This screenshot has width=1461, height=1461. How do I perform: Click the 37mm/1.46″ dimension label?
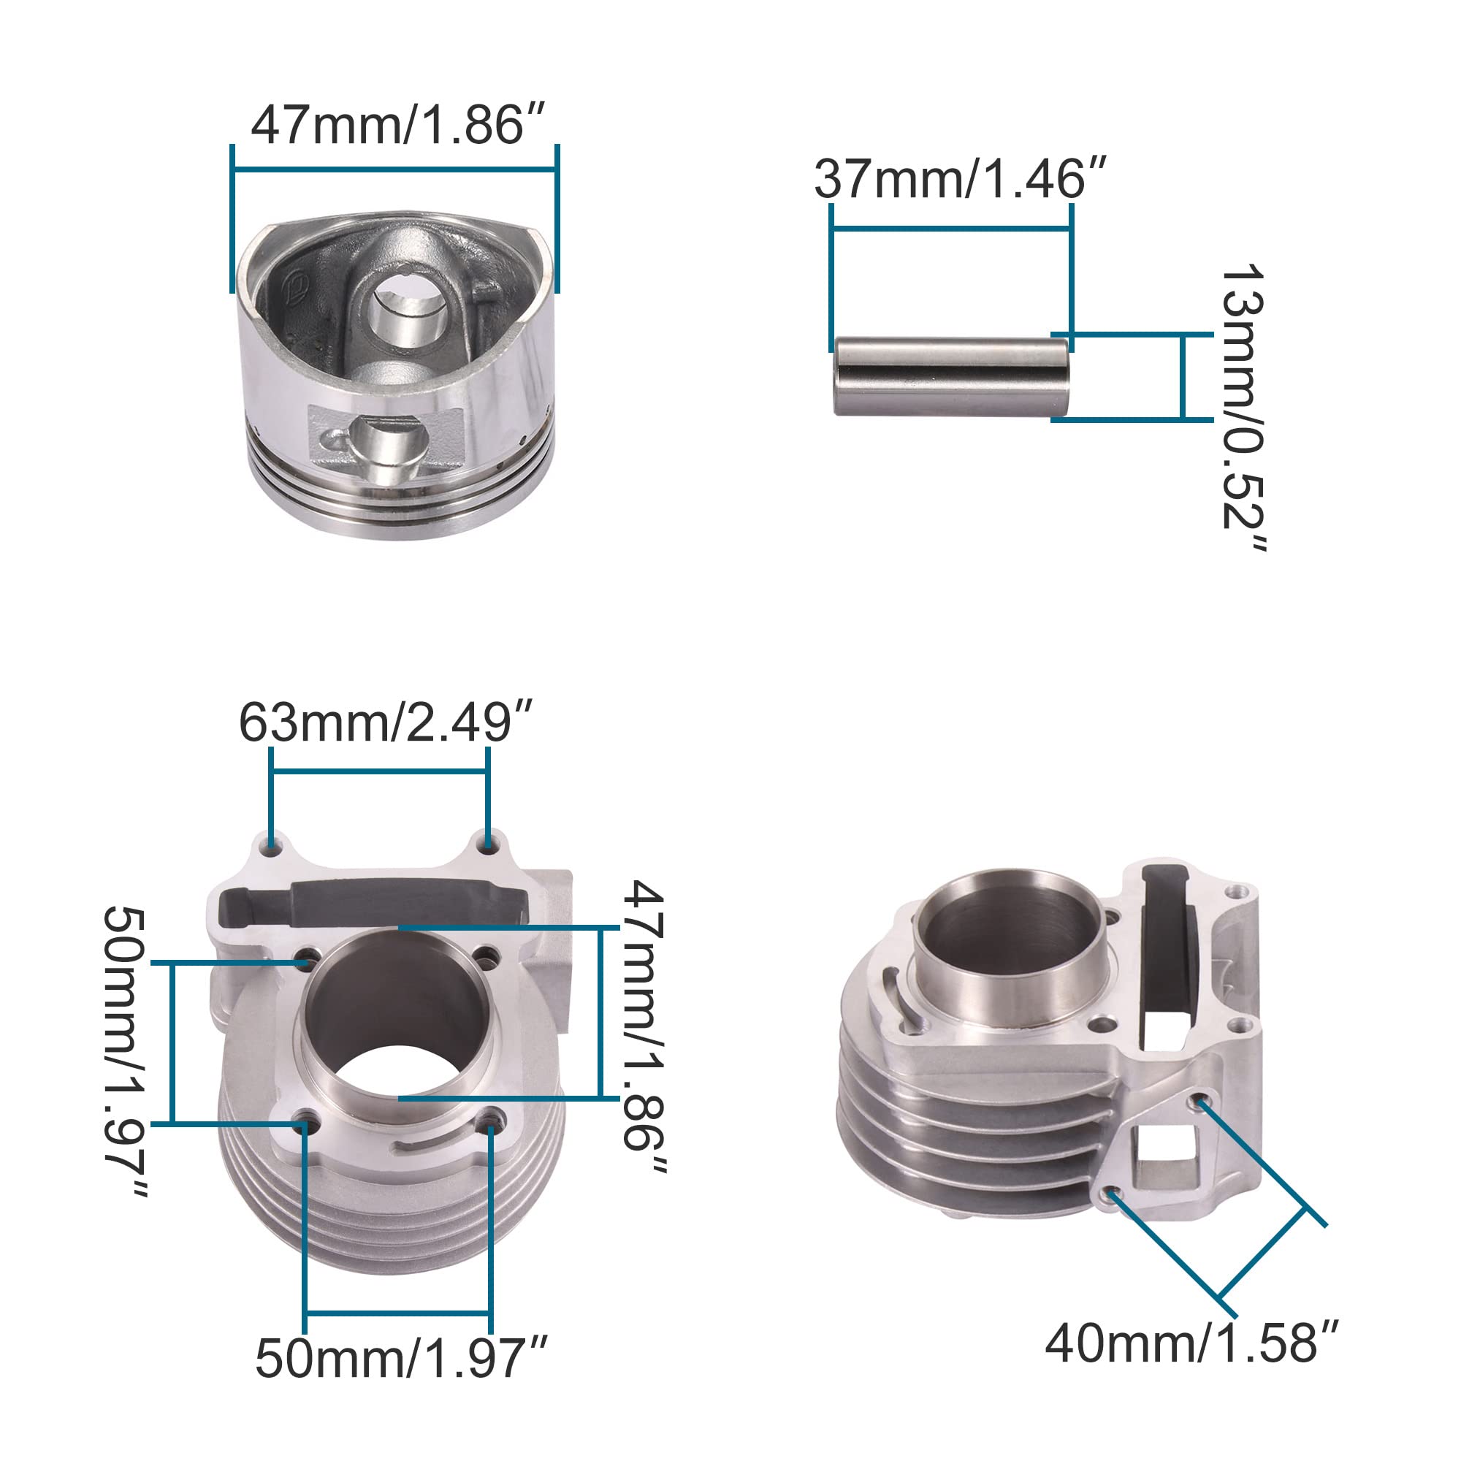tap(961, 179)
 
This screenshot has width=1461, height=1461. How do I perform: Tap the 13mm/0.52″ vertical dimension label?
tap(1243, 407)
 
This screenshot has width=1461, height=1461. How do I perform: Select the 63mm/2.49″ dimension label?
tap(386, 722)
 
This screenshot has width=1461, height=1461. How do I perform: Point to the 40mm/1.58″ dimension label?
tap(1191, 1343)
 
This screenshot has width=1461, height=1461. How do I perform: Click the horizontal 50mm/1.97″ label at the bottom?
tap(401, 1358)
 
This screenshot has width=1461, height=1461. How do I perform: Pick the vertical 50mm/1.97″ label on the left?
tap(126, 1051)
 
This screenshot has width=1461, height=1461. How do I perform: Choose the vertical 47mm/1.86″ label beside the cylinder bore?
tap(644, 1026)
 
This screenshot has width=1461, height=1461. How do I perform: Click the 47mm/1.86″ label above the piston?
tap(398, 124)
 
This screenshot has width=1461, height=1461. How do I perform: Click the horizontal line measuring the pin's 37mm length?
tap(951, 229)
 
